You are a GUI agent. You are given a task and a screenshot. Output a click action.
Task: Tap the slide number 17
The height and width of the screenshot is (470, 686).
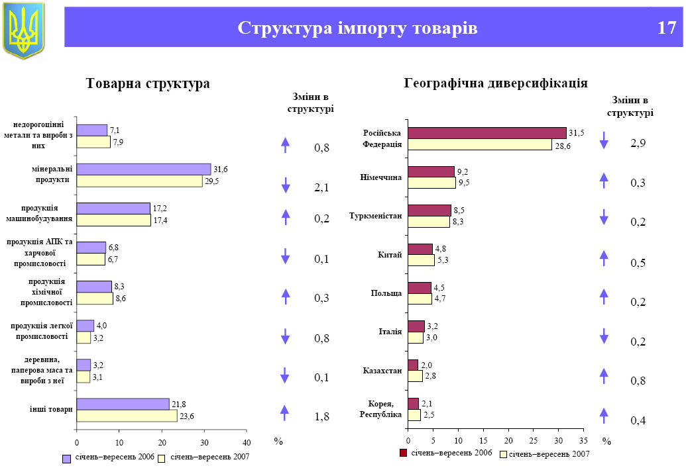click(666, 28)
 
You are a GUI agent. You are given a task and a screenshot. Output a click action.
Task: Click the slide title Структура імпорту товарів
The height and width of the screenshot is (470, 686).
click(357, 28)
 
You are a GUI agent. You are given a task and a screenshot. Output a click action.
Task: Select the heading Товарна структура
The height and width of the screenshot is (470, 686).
click(148, 84)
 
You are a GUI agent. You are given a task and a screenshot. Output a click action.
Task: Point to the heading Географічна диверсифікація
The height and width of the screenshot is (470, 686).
click(496, 83)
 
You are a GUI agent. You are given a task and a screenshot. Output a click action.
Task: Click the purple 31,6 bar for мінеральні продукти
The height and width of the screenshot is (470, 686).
click(143, 169)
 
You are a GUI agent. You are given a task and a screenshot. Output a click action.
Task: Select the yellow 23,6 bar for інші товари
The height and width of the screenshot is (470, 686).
click(127, 416)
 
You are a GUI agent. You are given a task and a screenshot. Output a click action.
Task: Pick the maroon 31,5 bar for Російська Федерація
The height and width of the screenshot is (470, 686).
click(486, 133)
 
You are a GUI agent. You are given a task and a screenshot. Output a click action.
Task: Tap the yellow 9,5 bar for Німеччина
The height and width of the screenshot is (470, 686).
click(431, 183)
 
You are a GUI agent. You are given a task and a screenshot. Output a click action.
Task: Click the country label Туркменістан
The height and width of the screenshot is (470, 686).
click(376, 216)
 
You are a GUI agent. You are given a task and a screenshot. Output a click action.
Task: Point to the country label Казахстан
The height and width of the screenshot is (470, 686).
click(382, 371)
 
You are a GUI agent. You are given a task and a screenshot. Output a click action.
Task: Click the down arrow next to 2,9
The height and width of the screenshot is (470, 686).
click(604, 140)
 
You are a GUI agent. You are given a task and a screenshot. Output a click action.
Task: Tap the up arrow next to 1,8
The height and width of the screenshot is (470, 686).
click(285, 413)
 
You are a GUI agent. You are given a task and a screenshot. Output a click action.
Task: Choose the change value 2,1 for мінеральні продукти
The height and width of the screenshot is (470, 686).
click(321, 189)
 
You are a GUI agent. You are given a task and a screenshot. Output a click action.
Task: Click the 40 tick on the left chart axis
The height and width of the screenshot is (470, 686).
click(246, 442)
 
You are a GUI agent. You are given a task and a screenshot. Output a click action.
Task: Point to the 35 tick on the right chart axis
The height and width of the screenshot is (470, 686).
click(583, 440)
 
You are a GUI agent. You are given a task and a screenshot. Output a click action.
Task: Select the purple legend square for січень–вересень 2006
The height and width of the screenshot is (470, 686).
click(66, 458)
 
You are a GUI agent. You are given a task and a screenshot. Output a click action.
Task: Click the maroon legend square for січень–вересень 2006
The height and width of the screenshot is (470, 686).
click(403, 453)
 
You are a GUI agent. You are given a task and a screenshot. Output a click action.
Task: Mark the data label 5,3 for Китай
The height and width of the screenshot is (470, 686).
click(443, 260)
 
